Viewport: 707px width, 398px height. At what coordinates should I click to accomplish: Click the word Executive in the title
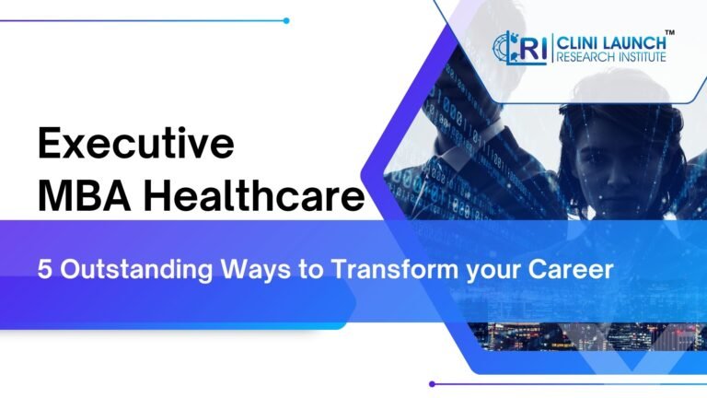click(135, 146)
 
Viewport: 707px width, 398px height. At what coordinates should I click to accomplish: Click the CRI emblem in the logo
click(519, 49)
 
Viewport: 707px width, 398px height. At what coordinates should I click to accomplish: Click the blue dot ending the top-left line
click(286, 20)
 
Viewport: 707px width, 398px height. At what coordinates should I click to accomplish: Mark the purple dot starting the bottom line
click(432, 383)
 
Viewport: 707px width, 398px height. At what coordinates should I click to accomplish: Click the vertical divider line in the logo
click(552, 49)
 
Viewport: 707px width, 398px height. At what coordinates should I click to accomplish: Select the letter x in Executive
click(80, 146)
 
